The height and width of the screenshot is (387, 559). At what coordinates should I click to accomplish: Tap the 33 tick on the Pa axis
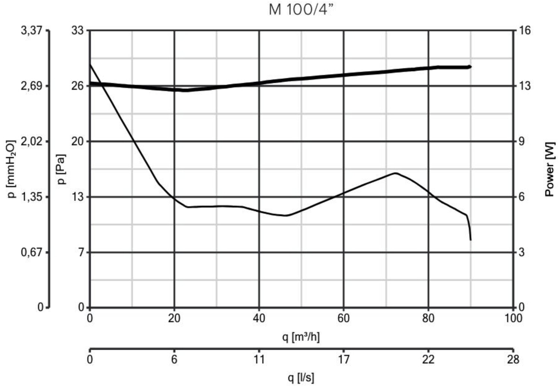[x=78, y=31]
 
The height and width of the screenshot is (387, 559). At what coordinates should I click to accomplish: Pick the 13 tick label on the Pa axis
[x=78, y=197]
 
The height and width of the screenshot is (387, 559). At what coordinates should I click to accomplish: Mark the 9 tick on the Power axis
[x=521, y=142]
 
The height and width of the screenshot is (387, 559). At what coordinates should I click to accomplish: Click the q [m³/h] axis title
[x=301, y=337]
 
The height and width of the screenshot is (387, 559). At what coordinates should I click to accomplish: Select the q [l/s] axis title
[x=301, y=378]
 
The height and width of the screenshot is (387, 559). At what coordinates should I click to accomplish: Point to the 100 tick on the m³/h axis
[x=514, y=318]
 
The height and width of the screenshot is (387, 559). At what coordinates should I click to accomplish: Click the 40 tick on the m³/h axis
[x=259, y=318]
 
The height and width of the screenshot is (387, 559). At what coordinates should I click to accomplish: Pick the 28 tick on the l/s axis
[x=514, y=359]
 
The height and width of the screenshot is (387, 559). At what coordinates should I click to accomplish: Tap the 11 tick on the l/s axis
[x=259, y=359]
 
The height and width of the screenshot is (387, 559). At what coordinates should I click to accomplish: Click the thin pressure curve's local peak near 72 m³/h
[x=395, y=173]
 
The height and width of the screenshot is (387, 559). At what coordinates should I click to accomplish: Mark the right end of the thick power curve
[x=470, y=67]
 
